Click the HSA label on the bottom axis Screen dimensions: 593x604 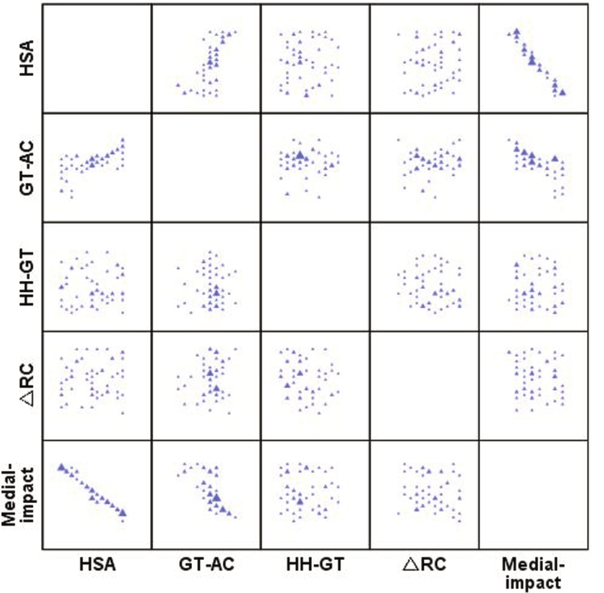97,565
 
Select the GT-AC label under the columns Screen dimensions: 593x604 205,565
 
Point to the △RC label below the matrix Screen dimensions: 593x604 424,565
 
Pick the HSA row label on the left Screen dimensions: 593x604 26,58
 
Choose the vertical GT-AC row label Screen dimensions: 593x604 26,167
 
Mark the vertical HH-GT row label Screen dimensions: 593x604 26,277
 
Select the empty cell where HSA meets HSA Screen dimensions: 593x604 97,58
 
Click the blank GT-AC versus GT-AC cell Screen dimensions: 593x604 205,167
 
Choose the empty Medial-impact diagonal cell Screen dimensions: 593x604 531,494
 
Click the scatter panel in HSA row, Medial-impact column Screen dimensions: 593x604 531,58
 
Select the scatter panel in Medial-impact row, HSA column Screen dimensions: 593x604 97,494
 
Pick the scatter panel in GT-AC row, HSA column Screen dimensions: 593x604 97,167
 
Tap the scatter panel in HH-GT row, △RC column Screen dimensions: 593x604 424,277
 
